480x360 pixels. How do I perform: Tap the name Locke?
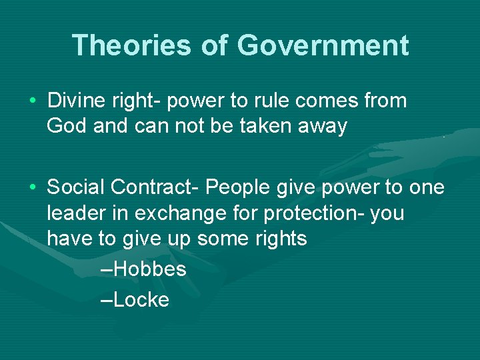141,300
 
